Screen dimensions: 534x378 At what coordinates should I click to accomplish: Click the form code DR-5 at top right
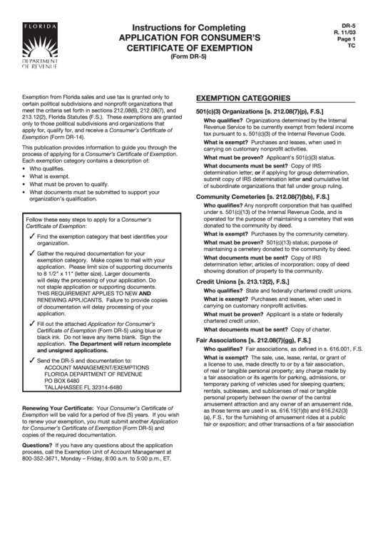pyautogui.click(x=352, y=24)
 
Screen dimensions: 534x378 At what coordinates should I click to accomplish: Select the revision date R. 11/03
pyautogui.click(x=351, y=31)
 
